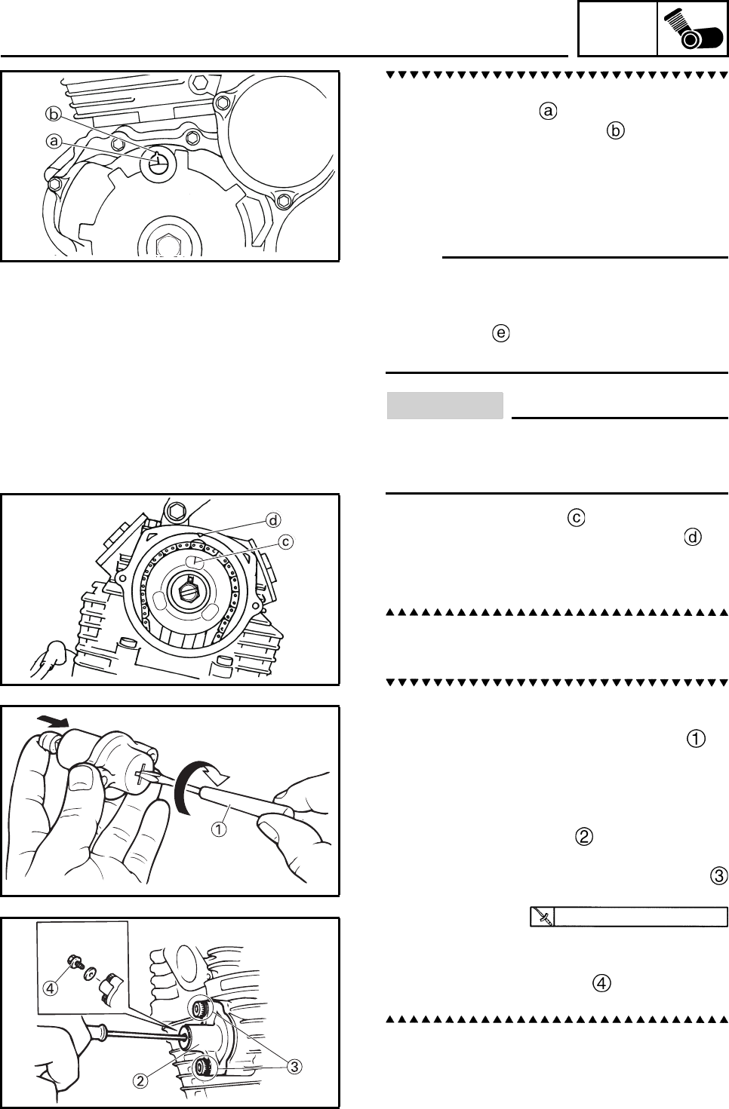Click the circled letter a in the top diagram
click(x=54, y=140)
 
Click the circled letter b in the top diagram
click(x=52, y=115)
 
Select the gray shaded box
click(x=444, y=405)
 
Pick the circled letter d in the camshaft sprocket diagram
click(x=272, y=519)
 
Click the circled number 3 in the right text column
click(x=718, y=875)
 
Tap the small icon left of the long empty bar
click(x=543, y=917)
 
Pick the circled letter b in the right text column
click(x=616, y=131)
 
